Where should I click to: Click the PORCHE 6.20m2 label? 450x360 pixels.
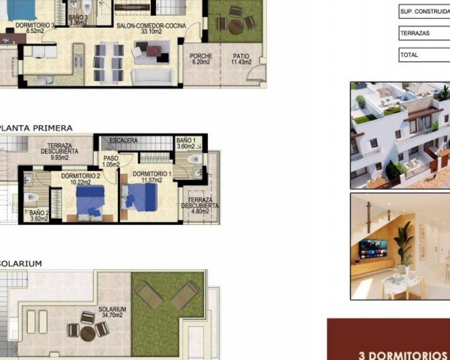201,59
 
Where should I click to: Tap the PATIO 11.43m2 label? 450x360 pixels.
241,59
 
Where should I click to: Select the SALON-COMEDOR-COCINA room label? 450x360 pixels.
151,29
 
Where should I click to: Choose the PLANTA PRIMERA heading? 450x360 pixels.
36,128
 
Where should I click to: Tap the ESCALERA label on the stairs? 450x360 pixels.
124,140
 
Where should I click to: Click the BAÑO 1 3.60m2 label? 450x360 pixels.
186,143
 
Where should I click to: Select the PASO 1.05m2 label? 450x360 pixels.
111,161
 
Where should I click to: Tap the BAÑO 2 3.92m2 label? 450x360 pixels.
39,216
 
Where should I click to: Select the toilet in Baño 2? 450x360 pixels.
31,197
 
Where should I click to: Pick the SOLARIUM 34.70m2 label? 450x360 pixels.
112,312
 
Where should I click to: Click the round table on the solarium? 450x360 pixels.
88,334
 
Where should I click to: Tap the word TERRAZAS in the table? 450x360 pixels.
415,33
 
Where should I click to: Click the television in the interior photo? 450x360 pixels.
373,249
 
